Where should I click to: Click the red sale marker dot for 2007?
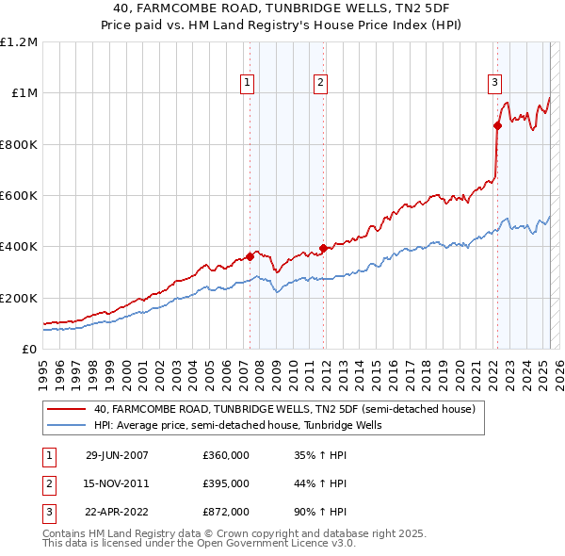pyautogui.click(x=250, y=256)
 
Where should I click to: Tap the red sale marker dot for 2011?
pyautogui.click(x=322, y=248)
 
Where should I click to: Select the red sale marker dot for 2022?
pyautogui.click(x=497, y=125)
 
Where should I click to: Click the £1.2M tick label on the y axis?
pyautogui.click(x=19, y=42)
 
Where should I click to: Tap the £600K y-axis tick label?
pyautogui.click(x=19, y=196)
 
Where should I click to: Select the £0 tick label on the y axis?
pyautogui.click(x=28, y=350)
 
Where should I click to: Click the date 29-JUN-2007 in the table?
pyautogui.click(x=117, y=455)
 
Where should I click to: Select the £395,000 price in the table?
pyautogui.click(x=225, y=483)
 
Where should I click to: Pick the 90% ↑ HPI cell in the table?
pyautogui.click(x=320, y=513)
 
